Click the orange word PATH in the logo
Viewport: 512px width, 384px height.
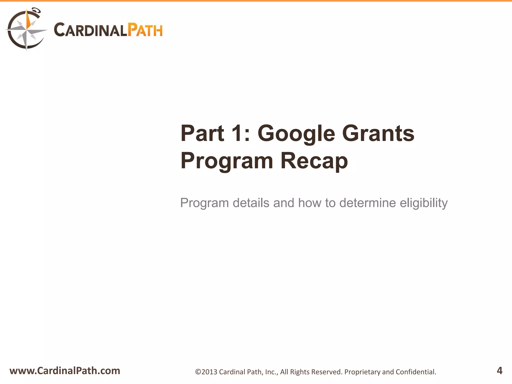click(x=145, y=30)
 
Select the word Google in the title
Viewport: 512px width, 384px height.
click(x=296, y=133)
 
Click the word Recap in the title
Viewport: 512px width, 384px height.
click(x=314, y=161)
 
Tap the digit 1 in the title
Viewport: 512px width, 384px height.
click(x=237, y=133)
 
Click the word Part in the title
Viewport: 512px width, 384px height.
click(x=202, y=133)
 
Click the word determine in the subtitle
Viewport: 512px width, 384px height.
click(x=367, y=203)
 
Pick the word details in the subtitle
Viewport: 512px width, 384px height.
click(x=251, y=203)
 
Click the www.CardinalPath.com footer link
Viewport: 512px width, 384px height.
click(x=65, y=371)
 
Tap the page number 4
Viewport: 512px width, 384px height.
click(x=499, y=370)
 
